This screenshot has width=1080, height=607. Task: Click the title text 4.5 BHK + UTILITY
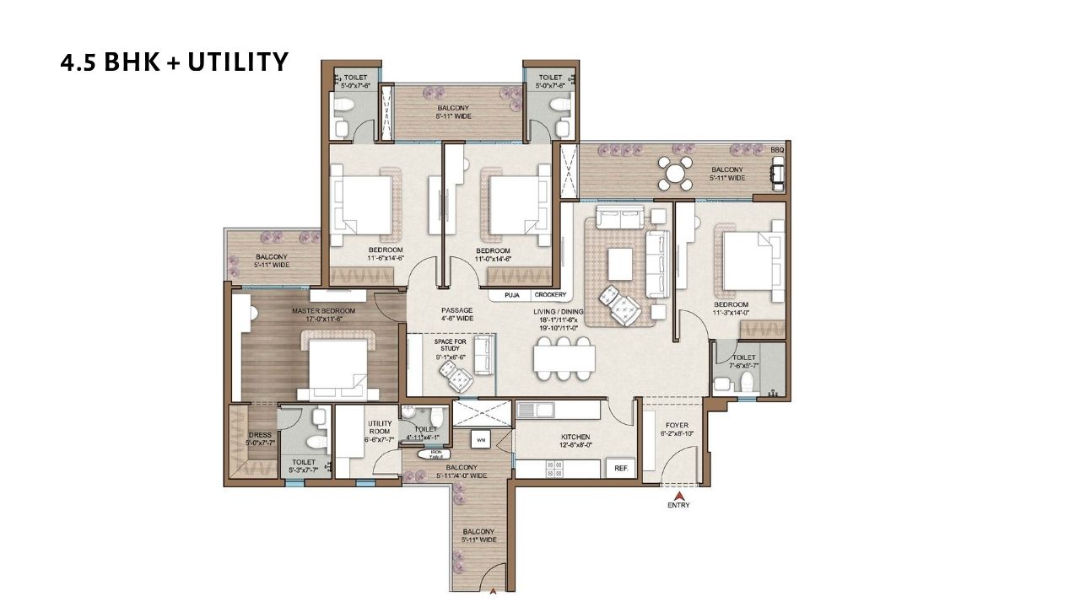(175, 62)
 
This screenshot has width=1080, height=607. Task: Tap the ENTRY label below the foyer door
(678, 505)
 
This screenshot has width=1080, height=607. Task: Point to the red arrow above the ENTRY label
(678, 495)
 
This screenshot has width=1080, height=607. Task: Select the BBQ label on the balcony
(777, 150)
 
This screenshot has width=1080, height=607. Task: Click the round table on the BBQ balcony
(676, 175)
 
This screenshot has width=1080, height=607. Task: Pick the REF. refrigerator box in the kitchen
(620, 467)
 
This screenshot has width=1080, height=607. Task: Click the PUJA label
(511, 295)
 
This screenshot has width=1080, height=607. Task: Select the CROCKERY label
(549, 295)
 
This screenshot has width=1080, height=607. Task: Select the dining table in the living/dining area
(564, 359)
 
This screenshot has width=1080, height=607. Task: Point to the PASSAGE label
(456, 314)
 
